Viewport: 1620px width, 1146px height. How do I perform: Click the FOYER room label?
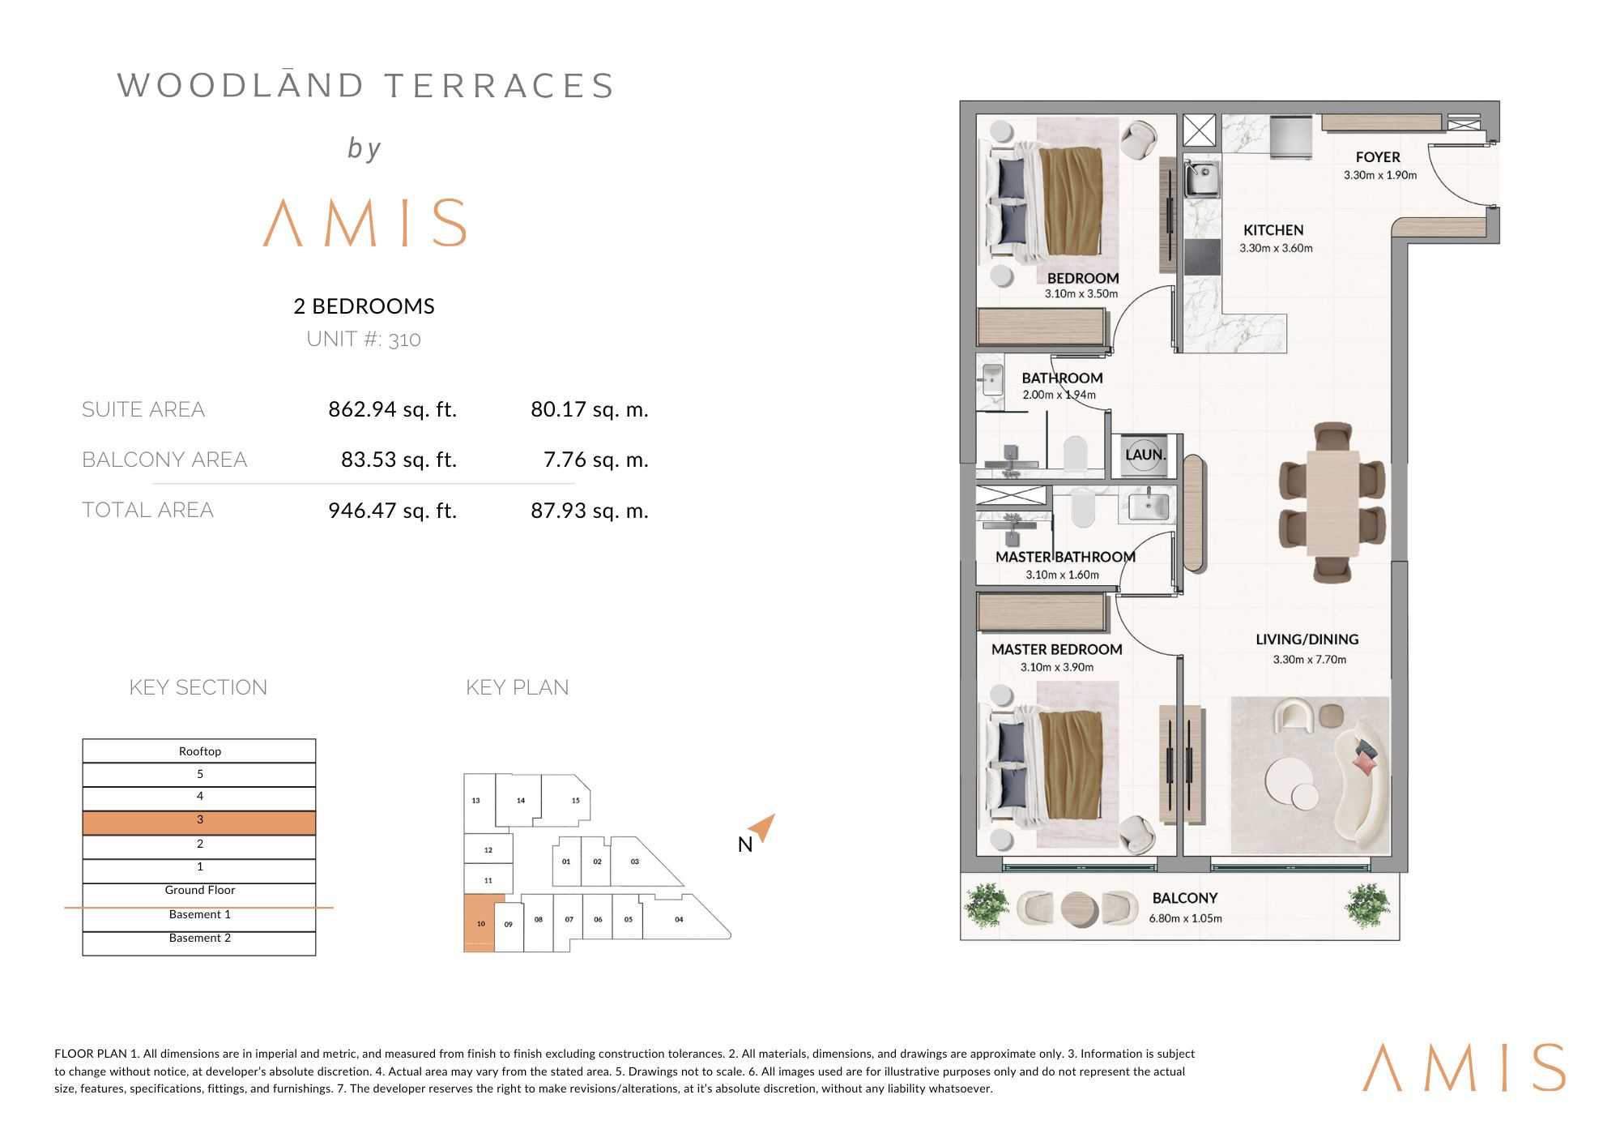click(1378, 157)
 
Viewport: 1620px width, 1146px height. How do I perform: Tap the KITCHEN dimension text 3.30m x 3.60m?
click(1276, 248)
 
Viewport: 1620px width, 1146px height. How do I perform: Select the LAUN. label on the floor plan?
click(1145, 455)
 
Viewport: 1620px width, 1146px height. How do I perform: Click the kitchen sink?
click(1203, 179)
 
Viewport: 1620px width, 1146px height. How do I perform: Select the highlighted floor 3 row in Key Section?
click(199, 823)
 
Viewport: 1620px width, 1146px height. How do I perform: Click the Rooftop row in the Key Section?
click(199, 751)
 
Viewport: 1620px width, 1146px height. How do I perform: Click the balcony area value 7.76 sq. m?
click(596, 460)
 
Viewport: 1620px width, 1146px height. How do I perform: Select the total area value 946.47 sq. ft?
click(393, 511)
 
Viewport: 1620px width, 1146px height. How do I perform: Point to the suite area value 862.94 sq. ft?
click(393, 409)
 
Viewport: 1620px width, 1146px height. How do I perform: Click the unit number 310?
click(404, 340)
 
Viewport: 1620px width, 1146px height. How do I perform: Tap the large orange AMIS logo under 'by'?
click(365, 222)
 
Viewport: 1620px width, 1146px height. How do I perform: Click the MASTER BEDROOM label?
click(1057, 649)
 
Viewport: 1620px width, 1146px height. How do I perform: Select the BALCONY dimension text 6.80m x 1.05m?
click(1185, 918)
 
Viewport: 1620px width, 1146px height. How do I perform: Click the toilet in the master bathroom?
click(1083, 508)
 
